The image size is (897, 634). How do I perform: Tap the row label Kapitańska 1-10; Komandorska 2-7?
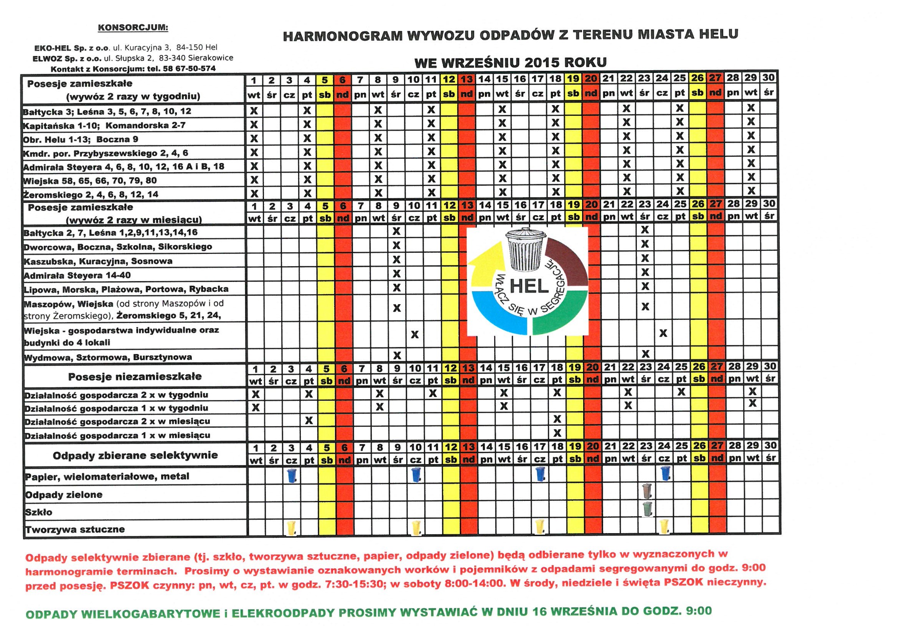tap(104, 125)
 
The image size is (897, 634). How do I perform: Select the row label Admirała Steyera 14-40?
tap(77, 275)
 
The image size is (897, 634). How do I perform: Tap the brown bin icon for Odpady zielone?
tap(647, 490)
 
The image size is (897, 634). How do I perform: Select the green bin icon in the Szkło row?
tap(647, 508)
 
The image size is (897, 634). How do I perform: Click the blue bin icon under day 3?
tap(292, 475)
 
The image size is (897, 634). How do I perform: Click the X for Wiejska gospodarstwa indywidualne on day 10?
tap(414, 334)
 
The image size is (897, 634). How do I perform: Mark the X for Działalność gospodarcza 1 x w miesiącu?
tap(557, 433)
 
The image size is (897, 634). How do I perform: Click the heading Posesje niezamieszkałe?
tap(135, 377)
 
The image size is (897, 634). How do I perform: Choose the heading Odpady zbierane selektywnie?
tap(135, 455)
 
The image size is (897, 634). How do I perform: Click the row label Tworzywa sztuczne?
tap(75, 530)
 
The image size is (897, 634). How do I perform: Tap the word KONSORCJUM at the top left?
tap(133, 28)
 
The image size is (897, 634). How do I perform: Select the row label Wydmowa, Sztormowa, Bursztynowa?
tap(108, 357)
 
